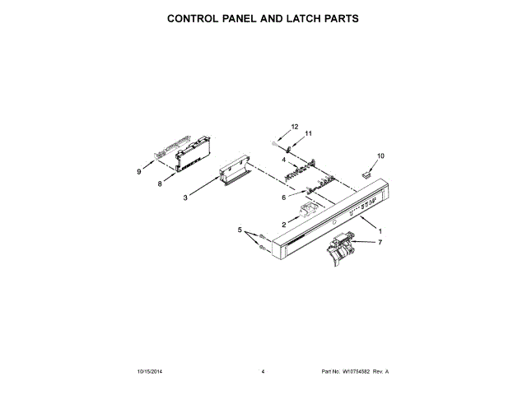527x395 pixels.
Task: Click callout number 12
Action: [x=294, y=127]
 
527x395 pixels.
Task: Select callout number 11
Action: [x=310, y=133]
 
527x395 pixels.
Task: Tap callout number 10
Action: [x=380, y=156]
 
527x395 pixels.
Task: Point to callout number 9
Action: [x=139, y=172]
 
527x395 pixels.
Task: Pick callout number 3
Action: [x=185, y=197]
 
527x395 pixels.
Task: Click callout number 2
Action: [x=284, y=224]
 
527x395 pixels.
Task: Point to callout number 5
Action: [x=240, y=230]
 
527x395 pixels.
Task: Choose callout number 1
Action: [x=380, y=231]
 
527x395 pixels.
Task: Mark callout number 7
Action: [x=380, y=243]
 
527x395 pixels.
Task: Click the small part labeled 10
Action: [x=368, y=174]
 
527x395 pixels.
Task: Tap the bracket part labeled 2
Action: [x=310, y=211]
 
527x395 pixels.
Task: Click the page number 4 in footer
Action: [x=262, y=372]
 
